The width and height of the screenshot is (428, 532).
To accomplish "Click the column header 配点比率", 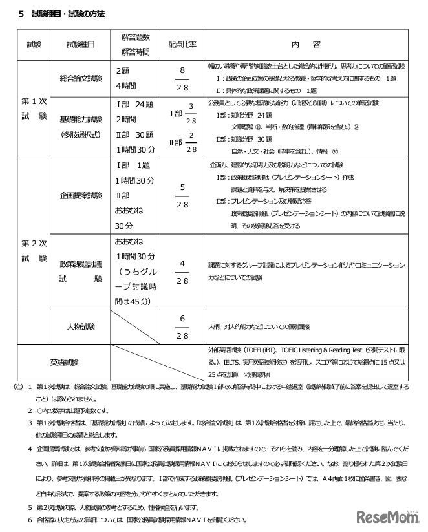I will (x=182, y=45).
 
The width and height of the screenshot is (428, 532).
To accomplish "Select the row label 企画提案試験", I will (x=80, y=195).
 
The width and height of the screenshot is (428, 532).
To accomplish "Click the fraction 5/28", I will (x=182, y=195).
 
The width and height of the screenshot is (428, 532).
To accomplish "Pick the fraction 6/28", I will (x=182, y=326).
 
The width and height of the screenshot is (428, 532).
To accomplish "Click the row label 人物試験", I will (x=80, y=326).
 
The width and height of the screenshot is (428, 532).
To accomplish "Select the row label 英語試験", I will (x=63, y=362).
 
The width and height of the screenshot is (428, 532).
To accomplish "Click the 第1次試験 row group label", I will (x=34, y=109).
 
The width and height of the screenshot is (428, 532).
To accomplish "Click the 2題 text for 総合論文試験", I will (x=123, y=70).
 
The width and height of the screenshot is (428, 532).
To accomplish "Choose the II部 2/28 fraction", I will (x=185, y=142).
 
